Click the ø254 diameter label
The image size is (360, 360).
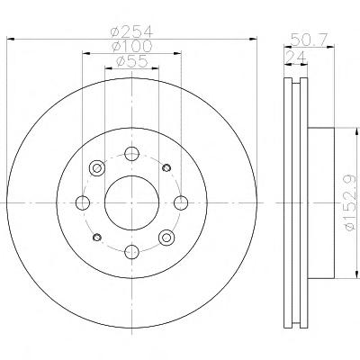131,31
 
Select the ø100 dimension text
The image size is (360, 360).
131,46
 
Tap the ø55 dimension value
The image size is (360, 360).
132,61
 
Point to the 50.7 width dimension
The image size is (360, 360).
310,40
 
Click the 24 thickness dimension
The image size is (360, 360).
295,57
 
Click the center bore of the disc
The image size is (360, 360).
131,202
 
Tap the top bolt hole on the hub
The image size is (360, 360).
132,154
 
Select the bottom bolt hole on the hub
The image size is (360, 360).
132,251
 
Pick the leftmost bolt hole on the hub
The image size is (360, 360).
83,202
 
